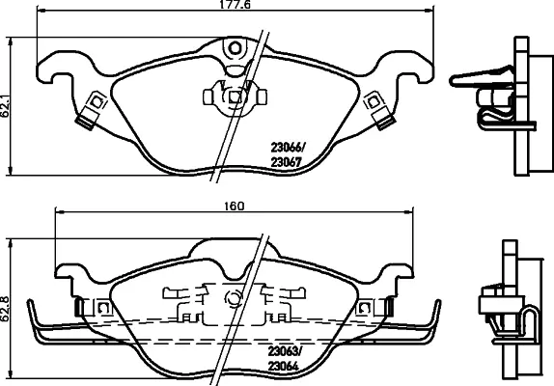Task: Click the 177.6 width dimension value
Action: click(235, 5)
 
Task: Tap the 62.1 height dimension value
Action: click(5, 104)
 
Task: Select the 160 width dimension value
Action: click(235, 206)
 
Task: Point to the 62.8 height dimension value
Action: click(5, 308)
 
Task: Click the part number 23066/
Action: click(288, 147)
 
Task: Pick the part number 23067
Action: click(287, 162)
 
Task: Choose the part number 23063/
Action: click(285, 351)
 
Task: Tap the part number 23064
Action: click(284, 367)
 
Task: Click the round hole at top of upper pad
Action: click(235, 48)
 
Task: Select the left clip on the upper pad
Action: click(91, 110)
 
